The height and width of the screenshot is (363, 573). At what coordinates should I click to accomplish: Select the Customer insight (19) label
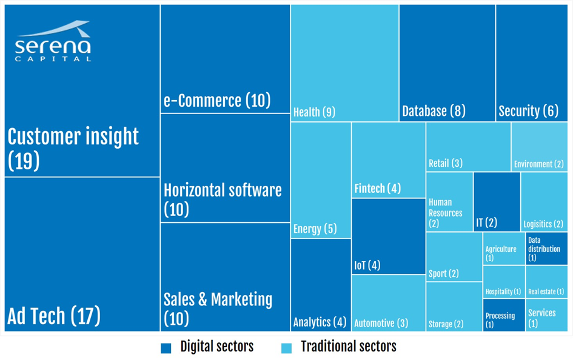[73, 148]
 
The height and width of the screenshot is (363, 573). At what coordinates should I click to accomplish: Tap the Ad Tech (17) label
[54, 316]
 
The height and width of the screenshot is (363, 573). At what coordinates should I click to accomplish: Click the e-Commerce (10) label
[217, 100]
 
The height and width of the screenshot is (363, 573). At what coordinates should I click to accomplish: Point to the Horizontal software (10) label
[223, 199]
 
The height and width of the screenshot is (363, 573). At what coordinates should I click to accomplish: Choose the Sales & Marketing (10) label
[218, 308]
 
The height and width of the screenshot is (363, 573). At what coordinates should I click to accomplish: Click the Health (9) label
[314, 112]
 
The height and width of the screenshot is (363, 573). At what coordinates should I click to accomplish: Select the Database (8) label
[434, 111]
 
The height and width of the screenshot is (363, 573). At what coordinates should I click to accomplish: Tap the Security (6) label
[528, 111]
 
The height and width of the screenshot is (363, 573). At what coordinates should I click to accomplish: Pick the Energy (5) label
[315, 229]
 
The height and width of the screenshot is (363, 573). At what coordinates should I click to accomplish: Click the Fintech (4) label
[377, 189]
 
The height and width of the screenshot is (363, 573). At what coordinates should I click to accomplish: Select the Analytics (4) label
[320, 322]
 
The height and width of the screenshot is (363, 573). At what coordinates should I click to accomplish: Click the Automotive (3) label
[381, 323]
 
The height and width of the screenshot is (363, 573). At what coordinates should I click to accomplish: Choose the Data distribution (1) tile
[546, 248]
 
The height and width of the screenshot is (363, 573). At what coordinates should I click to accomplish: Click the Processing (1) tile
[504, 315]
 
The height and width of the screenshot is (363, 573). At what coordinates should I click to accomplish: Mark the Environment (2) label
[539, 164]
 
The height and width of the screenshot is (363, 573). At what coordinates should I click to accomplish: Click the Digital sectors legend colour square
[166, 348]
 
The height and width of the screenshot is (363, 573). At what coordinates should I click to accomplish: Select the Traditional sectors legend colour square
[287, 348]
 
